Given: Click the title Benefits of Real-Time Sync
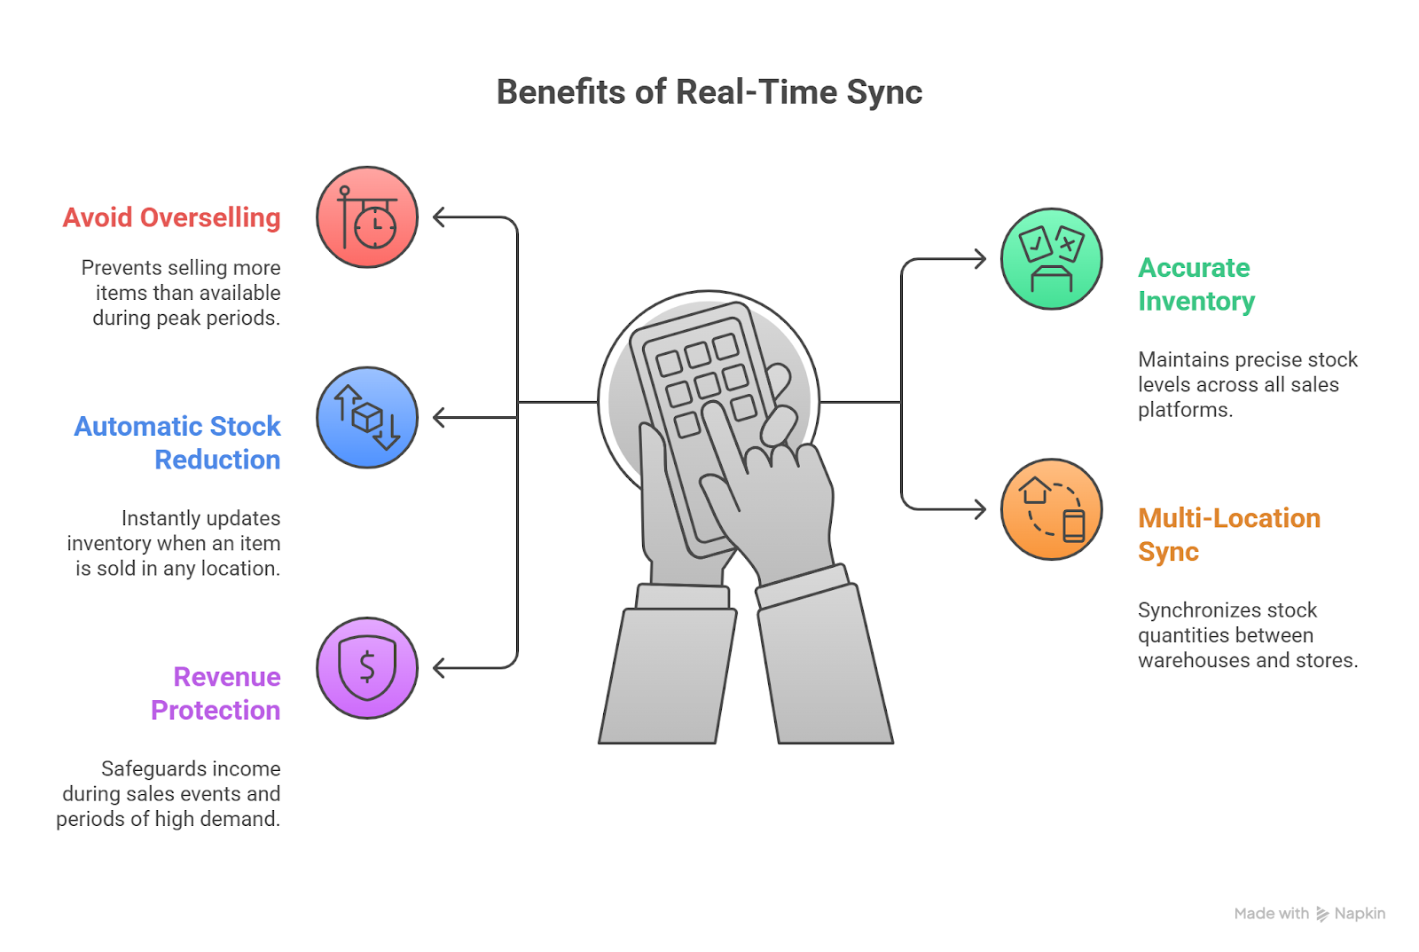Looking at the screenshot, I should [x=709, y=92].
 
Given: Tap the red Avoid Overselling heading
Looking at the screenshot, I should [x=171, y=217].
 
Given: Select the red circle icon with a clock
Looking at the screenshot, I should [x=367, y=217].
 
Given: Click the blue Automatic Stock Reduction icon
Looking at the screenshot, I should [x=367, y=418].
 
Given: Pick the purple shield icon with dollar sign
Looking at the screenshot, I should [x=367, y=668].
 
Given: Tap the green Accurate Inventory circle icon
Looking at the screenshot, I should [x=1051, y=259].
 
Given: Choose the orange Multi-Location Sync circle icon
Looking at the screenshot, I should [x=1051, y=509].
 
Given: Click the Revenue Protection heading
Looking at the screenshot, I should [x=216, y=694].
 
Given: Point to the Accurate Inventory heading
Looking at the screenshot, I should [x=1196, y=285].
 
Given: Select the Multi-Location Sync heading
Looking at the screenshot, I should [x=1228, y=535].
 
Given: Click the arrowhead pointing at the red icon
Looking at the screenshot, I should [x=438, y=217].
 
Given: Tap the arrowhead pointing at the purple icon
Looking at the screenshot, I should [x=438, y=668].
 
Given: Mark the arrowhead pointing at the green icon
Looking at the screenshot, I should [x=980, y=259].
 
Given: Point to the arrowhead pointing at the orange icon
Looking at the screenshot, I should [x=980, y=509].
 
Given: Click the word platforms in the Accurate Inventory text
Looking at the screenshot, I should [x=1184, y=411].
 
